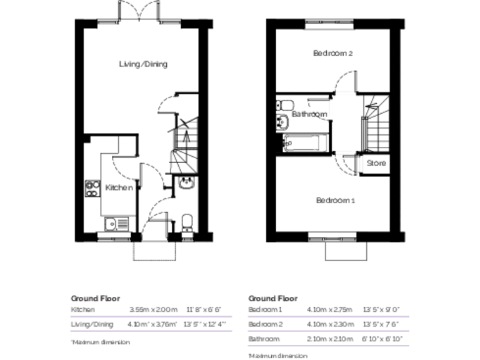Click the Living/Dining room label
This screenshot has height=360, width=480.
point(143,64)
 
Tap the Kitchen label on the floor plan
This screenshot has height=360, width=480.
point(118,187)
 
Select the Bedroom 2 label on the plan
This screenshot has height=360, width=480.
point(333,54)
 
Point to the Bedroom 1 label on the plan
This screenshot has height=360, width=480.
point(335,201)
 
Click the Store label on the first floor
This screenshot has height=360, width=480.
point(376,163)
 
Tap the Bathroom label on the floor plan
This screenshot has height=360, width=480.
point(309,114)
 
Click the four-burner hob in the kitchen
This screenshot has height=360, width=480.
point(93,188)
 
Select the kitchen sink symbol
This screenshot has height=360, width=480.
point(116,222)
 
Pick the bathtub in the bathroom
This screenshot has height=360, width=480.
point(302,143)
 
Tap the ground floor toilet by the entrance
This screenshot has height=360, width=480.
point(186,222)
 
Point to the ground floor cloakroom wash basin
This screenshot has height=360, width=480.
point(186,183)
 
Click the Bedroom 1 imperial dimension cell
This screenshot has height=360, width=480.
point(381,309)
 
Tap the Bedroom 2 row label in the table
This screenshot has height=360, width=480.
point(265,324)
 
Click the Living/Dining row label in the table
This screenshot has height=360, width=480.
point(92,324)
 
